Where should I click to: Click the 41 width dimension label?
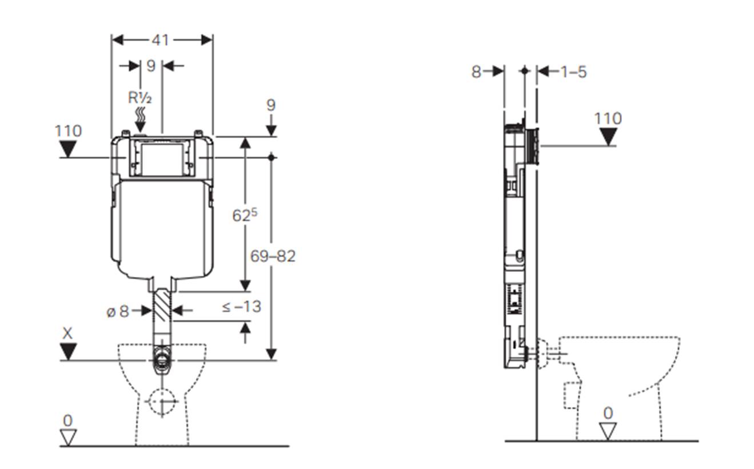(160, 41)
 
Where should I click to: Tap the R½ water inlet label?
(140, 98)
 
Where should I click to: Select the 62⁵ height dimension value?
(245, 215)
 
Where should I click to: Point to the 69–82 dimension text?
(273, 256)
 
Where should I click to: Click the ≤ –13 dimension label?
(242, 307)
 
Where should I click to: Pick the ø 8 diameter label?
(118, 312)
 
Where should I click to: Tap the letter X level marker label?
(67, 333)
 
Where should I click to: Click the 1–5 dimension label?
(573, 72)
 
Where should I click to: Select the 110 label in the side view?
(608, 118)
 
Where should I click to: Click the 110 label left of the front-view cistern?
(69, 131)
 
